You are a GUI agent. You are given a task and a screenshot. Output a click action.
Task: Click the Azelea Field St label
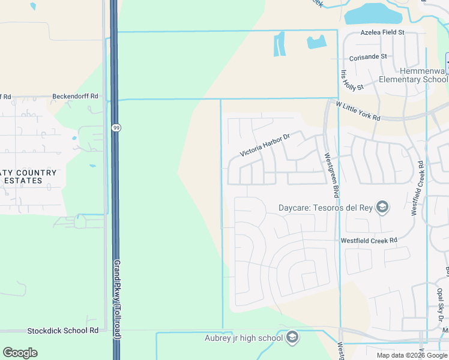(x=383, y=32)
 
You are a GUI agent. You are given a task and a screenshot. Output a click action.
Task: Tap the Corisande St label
(x=368, y=56)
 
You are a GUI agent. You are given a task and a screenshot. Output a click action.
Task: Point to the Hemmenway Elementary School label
(x=414, y=75)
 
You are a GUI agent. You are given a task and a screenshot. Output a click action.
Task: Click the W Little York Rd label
(x=358, y=111)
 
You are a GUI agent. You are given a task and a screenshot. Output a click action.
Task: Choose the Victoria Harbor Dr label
(x=265, y=145)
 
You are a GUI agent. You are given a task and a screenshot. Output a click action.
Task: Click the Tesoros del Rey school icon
(x=382, y=208)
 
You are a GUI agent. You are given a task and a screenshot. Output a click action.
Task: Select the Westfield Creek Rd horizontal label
(x=369, y=240)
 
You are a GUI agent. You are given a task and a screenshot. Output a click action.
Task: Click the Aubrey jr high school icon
(x=292, y=338)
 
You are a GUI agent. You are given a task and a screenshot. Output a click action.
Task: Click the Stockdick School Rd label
(x=63, y=331)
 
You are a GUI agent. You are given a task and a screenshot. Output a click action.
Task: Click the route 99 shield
(x=115, y=127)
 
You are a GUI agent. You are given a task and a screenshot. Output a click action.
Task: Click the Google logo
(x=20, y=353)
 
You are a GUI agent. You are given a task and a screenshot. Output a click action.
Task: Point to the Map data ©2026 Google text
(x=412, y=355)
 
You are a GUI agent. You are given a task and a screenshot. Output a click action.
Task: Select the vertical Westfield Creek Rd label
(x=417, y=188)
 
